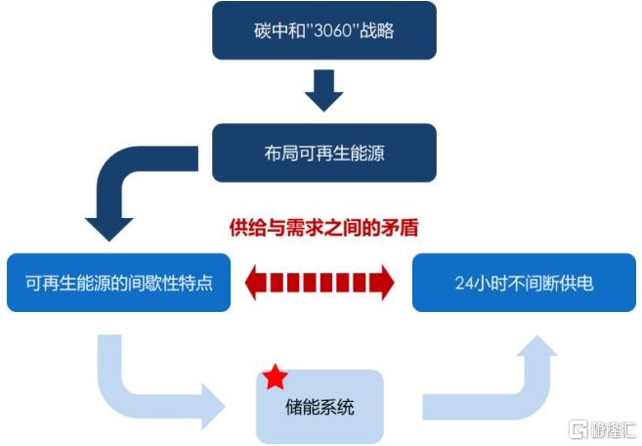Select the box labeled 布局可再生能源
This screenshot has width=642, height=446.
pos(323,153)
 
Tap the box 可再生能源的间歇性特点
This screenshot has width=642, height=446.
pos(118,284)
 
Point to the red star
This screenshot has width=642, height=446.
pos(276,376)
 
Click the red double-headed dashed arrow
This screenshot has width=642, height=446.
pos(320,284)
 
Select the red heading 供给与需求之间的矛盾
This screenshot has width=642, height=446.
pos(323,228)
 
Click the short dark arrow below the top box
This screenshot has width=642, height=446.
pos(323,91)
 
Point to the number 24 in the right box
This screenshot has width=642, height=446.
pos(464,285)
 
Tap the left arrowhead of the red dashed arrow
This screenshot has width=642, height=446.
pos(256,284)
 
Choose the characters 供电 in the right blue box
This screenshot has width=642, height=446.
pos(578,285)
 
